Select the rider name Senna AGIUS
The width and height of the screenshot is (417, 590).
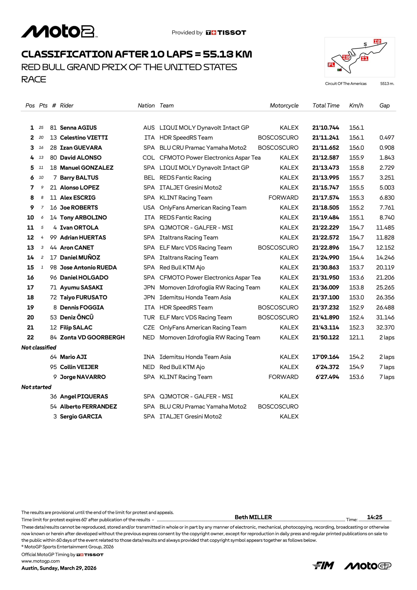(x=78, y=128)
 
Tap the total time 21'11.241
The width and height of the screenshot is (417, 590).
(x=325, y=138)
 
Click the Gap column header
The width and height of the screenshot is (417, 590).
(x=384, y=106)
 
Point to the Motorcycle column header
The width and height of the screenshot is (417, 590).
(x=284, y=106)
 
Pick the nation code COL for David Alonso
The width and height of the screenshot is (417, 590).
(x=148, y=158)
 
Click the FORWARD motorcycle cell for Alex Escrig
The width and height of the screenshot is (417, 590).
(x=283, y=198)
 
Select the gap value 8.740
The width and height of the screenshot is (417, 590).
(x=387, y=218)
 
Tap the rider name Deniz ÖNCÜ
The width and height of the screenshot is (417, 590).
(x=77, y=317)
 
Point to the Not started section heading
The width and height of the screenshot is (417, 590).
(x=36, y=387)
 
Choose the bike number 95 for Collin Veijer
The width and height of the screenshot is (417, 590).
(x=53, y=367)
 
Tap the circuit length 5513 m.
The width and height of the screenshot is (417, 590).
(x=387, y=84)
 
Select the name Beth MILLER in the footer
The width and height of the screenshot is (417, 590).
(x=253, y=517)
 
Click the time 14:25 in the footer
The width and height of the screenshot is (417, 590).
(x=374, y=517)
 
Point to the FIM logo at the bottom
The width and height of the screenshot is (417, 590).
(x=323, y=566)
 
